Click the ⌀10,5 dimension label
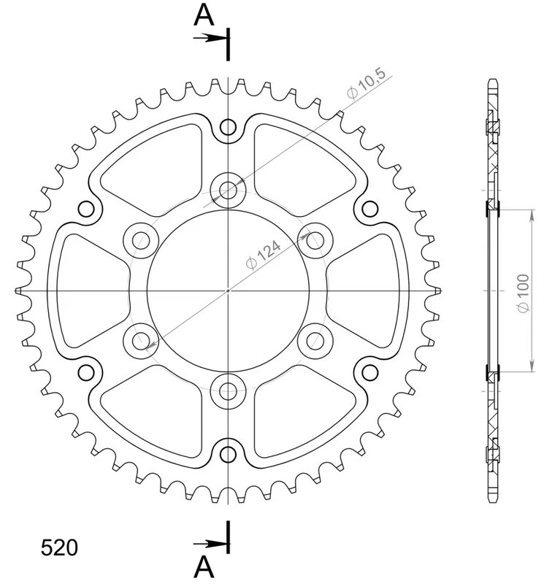coord(367,85)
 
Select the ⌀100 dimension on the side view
coord(524,294)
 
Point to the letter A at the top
coord(204,15)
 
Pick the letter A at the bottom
coord(204,568)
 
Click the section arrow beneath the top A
coord(211,38)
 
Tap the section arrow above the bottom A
coord(211,544)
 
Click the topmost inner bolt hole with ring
coord(228,191)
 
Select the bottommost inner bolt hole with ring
coord(228,391)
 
